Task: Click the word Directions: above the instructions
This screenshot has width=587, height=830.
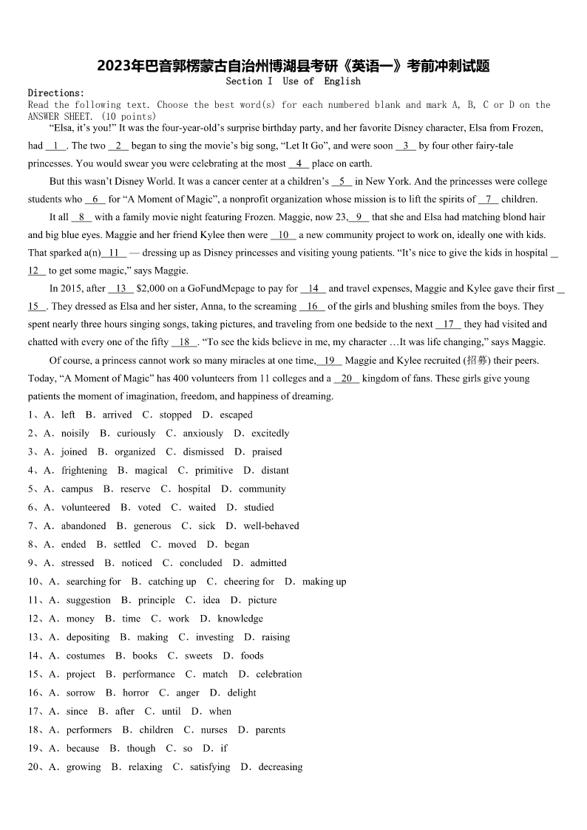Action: pyautogui.click(x=56, y=93)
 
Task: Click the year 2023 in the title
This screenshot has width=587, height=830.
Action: pyautogui.click(x=113, y=67)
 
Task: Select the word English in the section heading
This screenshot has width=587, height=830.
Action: pyautogui.click(x=342, y=81)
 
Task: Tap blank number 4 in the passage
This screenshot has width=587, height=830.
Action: pyautogui.click(x=299, y=164)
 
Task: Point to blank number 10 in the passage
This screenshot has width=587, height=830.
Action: pyautogui.click(x=283, y=235)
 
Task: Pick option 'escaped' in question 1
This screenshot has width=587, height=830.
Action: pyautogui.click(x=236, y=415)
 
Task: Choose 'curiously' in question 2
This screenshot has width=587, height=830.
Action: pyautogui.click(x=136, y=434)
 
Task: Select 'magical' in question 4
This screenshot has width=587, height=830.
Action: pyautogui.click(x=151, y=471)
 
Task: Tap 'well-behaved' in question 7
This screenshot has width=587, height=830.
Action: pyautogui.click(x=271, y=526)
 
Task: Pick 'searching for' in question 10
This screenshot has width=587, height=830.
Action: pyautogui.click(x=93, y=582)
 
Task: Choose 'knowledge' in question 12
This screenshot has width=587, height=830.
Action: pyautogui.click(x=240, y=619)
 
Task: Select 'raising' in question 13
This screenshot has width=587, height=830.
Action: pyautogui.click(x=276, y=637)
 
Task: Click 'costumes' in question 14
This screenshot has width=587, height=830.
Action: pyautogui.click(x=86, y=656)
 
